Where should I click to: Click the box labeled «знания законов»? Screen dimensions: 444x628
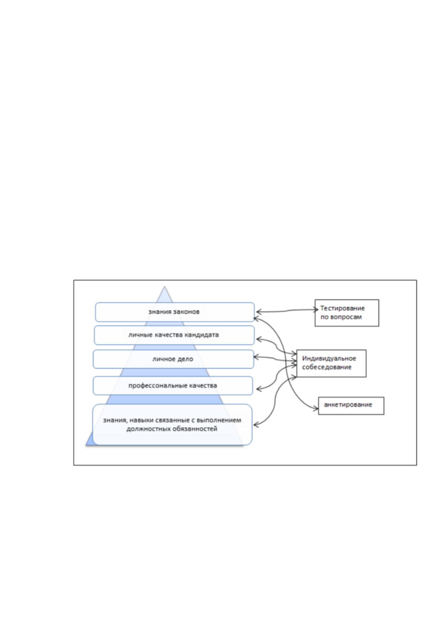coord(174,312)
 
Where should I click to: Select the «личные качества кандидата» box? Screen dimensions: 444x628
coord(174,335)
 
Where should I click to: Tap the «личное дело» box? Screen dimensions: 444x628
coord(173,359)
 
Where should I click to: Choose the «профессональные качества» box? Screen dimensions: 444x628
coord(173,386)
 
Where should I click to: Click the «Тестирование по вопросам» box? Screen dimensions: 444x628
coord(347,313)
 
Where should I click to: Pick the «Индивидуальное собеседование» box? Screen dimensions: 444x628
coord(331,363)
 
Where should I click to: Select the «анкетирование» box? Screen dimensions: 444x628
coord(351,406)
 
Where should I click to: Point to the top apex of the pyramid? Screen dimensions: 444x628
coord(164,286)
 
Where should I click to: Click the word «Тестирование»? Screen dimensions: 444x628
coord(342,308)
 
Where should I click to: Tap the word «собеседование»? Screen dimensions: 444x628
coord(327,367)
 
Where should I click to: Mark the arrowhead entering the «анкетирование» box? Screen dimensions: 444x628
coord(316,409)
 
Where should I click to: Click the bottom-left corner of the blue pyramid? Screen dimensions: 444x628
coord(86,445)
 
